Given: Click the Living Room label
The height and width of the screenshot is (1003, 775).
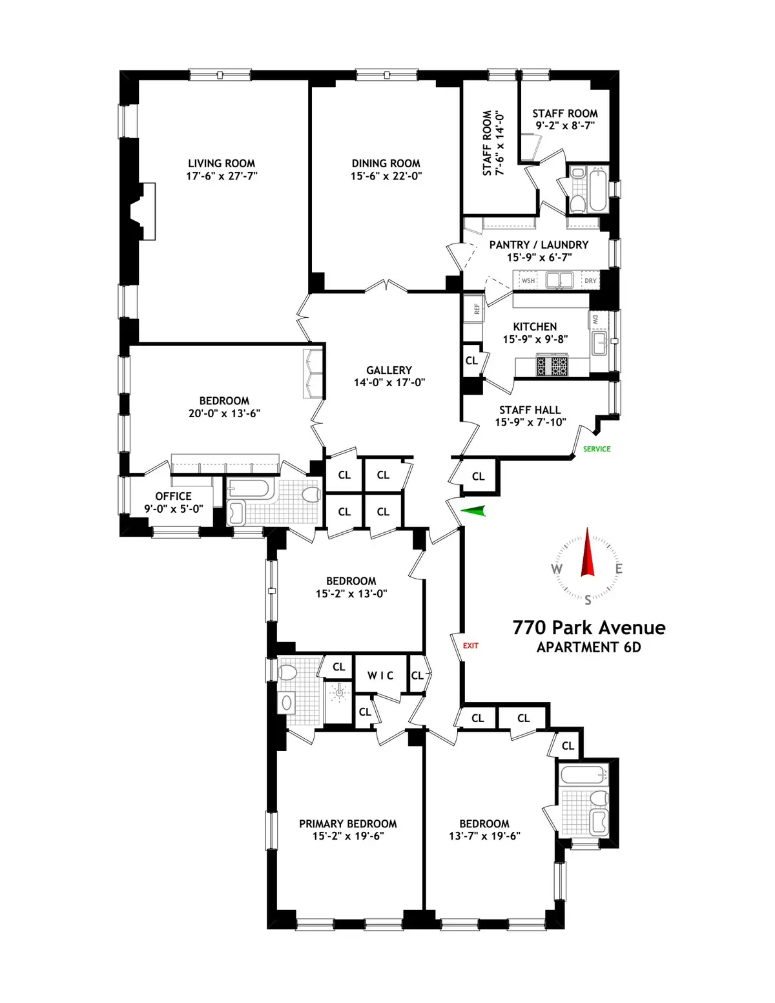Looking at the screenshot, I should pos(222,163).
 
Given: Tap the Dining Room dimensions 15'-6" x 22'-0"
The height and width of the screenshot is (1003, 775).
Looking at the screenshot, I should pos(386,176).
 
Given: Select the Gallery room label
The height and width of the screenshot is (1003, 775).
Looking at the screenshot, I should pos(389,370).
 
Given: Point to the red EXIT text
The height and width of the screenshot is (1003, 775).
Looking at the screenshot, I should pos(471,645).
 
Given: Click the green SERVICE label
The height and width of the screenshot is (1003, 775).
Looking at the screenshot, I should pos(596,449).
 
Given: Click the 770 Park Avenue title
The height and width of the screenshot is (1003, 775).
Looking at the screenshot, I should pos(588,628).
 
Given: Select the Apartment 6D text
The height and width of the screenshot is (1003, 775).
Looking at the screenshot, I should pos(588,648).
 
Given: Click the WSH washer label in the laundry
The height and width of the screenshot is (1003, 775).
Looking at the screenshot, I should pos(528,281).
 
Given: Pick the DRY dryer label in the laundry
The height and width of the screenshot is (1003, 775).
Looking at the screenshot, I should pos(590,281).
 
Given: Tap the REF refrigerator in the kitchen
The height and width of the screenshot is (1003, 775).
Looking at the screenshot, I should pos(477,309).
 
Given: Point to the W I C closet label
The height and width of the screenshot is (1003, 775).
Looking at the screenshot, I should pos(380,675).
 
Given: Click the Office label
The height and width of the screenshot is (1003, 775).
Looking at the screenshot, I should pos(173,496).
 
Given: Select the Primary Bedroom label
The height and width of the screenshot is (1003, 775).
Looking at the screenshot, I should pos(347,823).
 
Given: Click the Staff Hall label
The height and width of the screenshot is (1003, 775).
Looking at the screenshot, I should pos(530,410).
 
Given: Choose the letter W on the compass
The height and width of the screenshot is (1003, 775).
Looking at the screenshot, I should pos(556,569).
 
